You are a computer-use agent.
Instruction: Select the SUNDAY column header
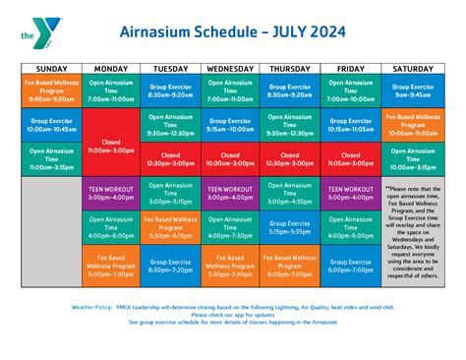tap(50, 68)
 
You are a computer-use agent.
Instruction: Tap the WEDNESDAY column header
tap(230, 68)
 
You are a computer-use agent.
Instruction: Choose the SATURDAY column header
tap(413, 68)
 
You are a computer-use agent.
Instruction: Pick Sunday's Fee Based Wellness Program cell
tap(50, 92)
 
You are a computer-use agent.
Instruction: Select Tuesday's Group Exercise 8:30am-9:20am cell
tap(169, 92)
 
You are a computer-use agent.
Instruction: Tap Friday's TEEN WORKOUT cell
tap(351, 193)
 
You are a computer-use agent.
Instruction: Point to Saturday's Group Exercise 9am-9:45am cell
tap(413, 92)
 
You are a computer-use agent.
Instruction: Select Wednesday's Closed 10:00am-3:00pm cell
tap(230, 158)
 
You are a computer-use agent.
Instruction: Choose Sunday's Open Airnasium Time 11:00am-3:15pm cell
tap(50, 159)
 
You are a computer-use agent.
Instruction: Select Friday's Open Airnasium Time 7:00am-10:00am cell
tap(351, 92)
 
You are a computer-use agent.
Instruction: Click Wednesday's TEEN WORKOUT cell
tap(230, 193)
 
